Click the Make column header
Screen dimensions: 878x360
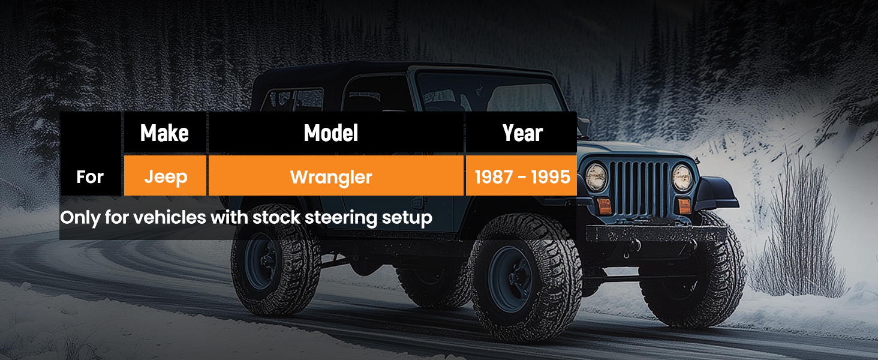[164, 133]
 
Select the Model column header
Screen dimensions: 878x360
[331, 133]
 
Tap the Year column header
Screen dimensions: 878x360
[523, 133]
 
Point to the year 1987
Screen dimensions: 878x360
[493, 177]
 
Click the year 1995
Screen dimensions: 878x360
[551, 177]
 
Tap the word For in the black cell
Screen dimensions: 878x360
[90, 177]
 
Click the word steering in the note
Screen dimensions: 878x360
[341, 218]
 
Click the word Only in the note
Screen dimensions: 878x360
[80, 218]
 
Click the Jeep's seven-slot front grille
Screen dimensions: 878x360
[639, 188]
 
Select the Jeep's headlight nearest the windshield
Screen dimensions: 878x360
[596, 177]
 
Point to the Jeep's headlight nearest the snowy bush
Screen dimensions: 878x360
[682, 178]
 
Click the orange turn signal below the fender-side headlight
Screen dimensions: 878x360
[684, 206]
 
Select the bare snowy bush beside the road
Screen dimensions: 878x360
[799, 232]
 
